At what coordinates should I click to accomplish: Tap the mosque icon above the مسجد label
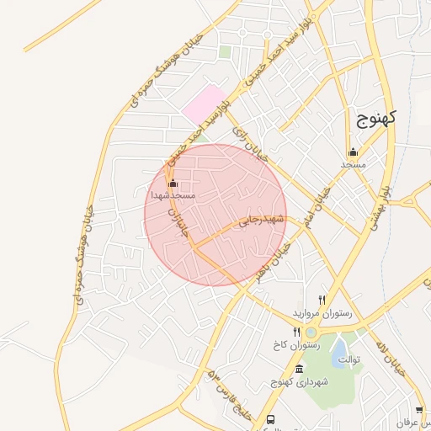point(353,152)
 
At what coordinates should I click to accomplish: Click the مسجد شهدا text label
point(173,194)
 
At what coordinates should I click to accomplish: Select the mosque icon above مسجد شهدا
point(173,183)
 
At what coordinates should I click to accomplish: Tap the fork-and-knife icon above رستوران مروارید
point(322,300)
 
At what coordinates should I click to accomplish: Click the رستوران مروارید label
point(322,312)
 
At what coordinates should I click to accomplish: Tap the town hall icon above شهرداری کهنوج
point(299,370)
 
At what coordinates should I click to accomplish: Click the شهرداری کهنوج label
point(299,382)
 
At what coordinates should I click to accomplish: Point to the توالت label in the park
point(349,360)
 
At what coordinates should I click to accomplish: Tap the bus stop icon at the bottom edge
point(270,419)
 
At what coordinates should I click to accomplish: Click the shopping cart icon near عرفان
point(419,410)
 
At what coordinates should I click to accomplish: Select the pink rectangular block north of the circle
point(205,105)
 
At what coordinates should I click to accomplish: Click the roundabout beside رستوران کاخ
point(311,333)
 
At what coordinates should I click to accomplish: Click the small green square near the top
point(225,52)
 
